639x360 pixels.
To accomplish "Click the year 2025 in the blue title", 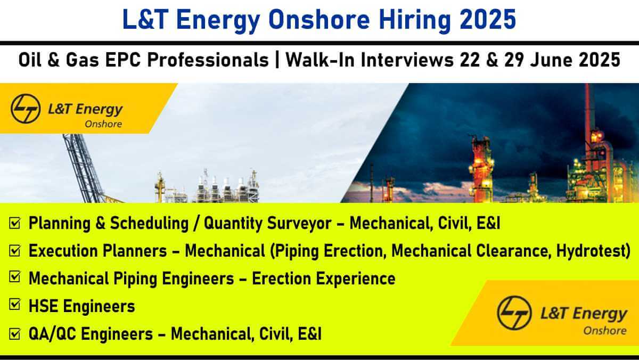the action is click(488, 19).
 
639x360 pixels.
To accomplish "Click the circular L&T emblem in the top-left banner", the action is click(26, 109).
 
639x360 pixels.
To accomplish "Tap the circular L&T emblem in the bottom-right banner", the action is click(514, 313).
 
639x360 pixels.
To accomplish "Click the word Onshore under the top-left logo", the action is click(103, 124).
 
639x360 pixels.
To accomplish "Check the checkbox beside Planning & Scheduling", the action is click(15, 223).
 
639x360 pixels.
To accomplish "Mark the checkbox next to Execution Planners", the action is click(15, 250).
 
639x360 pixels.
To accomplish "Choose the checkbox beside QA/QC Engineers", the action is click(15, 333).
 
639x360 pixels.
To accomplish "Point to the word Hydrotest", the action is click(593, 251).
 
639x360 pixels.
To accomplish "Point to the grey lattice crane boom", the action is click(83, 168).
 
